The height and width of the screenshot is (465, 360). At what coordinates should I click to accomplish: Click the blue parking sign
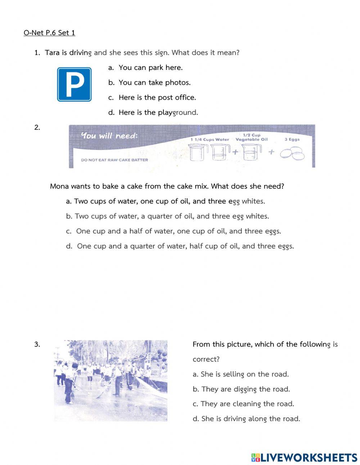(x=74, y=84)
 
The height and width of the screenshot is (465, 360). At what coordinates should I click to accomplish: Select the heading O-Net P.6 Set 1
(x=49, y=33)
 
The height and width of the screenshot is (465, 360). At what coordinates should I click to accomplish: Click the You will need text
(x=109, y=136)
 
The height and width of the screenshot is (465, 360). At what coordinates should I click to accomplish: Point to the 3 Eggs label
(x=292, y=139)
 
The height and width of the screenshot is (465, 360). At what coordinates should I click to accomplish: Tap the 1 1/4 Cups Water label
(x=210, y=139)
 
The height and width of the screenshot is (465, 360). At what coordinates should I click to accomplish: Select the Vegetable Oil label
(x=252, y=139)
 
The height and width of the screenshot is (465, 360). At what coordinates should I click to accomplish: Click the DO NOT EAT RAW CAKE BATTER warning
(x=114, y=160)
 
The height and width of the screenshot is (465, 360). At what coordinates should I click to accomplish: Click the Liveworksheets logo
(x=304, y=457)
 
